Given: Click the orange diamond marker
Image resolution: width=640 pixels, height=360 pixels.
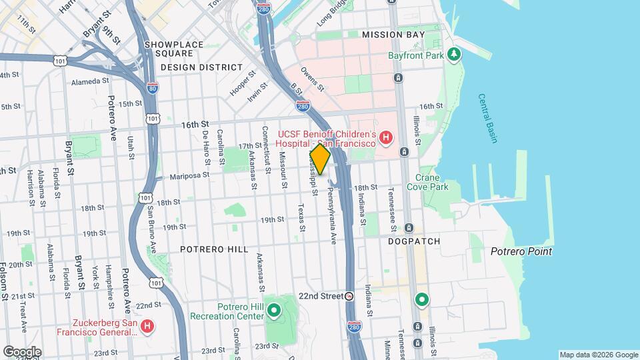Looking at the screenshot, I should coord(320,159).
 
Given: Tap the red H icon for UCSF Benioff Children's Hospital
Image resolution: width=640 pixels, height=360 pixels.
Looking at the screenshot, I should coord(385,138).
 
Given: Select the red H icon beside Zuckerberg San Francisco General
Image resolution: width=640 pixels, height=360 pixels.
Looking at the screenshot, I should coord(148,327).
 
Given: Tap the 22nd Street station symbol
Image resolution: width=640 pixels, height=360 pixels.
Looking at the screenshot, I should coord(349,296).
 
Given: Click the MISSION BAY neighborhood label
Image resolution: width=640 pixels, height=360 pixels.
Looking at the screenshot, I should coord(392,34).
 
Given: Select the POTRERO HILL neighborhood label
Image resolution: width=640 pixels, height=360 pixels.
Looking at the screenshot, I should coord(214,249).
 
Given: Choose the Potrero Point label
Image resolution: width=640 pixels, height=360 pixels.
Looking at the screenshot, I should coord(521,251).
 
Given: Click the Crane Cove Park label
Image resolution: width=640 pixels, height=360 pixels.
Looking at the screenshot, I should coord(431,182).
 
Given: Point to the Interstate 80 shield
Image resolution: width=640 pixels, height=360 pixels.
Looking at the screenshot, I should coord(153,87).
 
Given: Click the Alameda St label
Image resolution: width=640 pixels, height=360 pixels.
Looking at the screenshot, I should coord(90,81).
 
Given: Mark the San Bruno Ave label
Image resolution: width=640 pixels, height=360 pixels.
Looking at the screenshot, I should coord(152,230).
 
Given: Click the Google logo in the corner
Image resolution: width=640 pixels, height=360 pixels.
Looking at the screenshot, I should coord(22,352).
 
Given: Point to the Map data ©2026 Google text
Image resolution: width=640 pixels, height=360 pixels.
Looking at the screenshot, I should coord(598,355).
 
